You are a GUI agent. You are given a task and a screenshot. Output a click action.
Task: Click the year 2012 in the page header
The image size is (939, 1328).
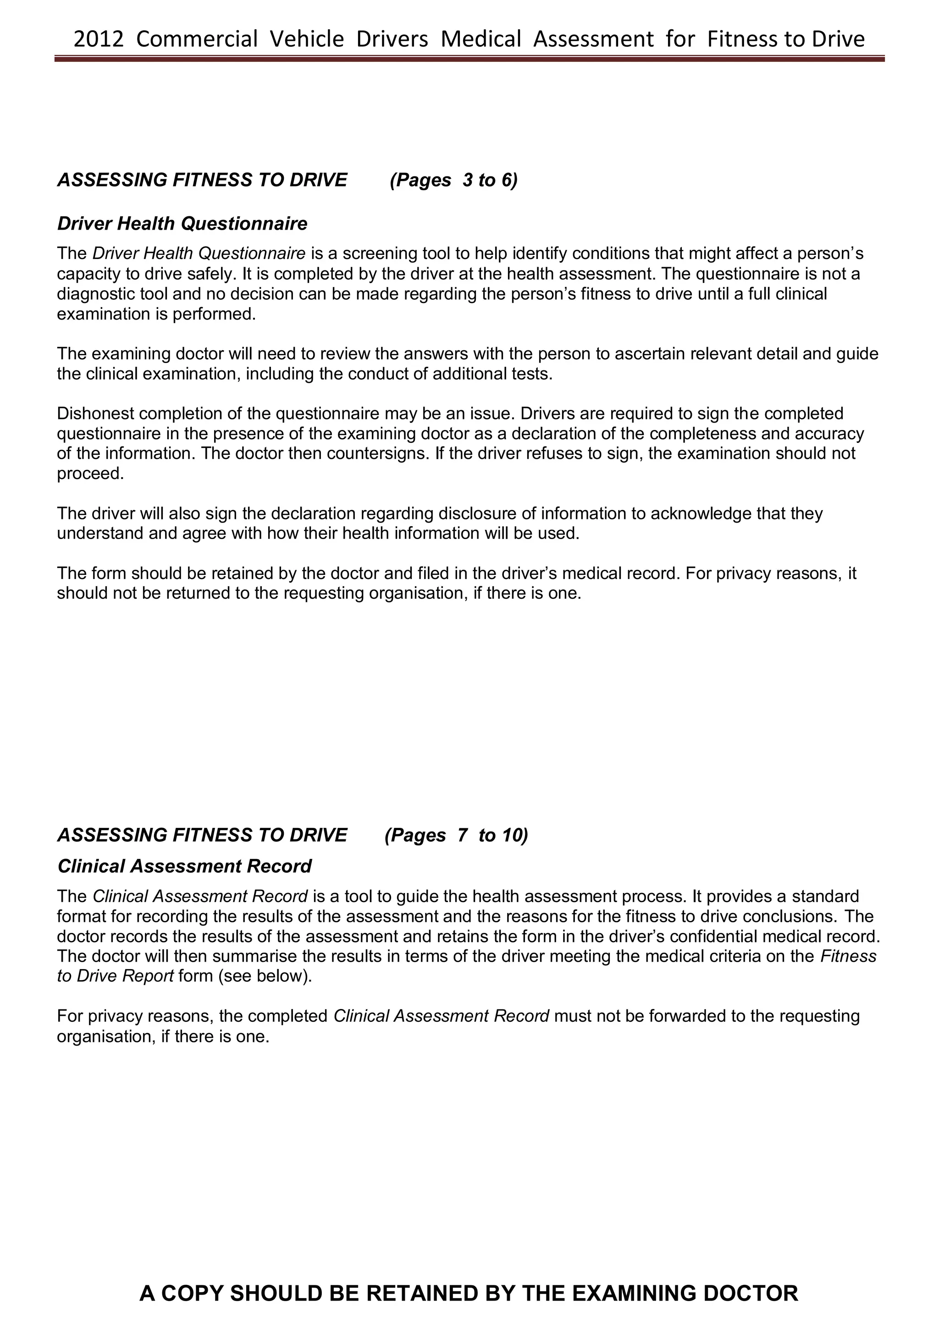click(x=99, y=39)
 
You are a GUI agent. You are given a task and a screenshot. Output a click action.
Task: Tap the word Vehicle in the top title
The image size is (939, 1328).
click(x=307, y=39)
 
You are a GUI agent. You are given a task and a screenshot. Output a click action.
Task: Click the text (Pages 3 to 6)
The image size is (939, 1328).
click(x=453, y=180)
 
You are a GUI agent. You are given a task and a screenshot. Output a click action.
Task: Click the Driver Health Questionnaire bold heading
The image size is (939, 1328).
click(x=182, y=223)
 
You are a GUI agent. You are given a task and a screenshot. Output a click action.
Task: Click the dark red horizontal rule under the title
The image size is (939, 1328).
click(x=469, y=58)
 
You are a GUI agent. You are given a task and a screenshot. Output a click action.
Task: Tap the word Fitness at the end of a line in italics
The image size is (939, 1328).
click(x=848, y=956)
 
